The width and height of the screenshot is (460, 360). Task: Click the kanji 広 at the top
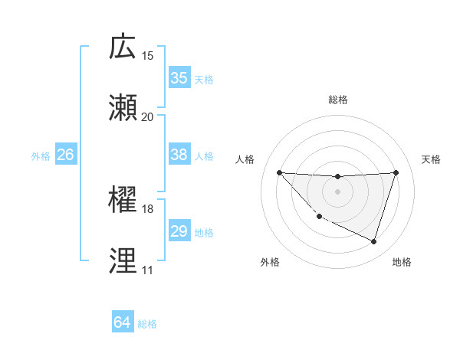tap(123, 47)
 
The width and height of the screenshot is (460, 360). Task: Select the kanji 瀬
tap(123, 108)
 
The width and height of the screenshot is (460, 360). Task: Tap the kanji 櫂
tap(123, 200)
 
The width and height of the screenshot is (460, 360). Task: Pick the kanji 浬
tap(123, 261)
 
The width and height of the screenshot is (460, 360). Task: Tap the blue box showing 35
tap(179, 78)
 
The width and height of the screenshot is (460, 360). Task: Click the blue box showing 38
tap(179, 155)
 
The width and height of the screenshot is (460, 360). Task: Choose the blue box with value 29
tap(179, 231)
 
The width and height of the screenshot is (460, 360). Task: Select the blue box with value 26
tap(65, 155)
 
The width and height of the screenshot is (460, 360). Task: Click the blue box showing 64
tap(122, 323)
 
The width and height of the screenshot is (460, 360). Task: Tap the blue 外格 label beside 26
tap(41, 156)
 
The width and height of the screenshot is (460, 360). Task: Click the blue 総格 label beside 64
tap(147, 324)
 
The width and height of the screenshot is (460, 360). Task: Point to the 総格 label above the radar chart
tap(337, 100)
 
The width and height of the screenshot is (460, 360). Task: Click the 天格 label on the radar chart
tap(432, 159)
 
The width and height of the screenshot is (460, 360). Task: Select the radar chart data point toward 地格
tap(374, 242)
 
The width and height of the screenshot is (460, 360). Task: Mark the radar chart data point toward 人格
tap(279, 172)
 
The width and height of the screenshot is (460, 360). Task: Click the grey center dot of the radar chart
tap(337, 191)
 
